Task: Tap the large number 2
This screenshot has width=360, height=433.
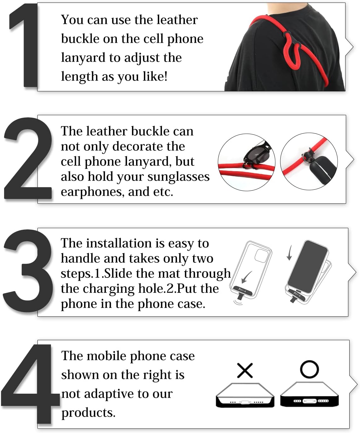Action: [x=28, y=159]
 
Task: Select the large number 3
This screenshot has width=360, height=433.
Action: [x=28, y=271]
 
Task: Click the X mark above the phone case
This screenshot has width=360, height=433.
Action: [x=245, y=370]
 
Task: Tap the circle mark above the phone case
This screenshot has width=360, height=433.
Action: [x=309, y=369]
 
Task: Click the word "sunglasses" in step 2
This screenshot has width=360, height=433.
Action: [x=178, y=177]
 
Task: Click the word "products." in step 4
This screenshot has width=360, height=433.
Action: [x=89, y=413]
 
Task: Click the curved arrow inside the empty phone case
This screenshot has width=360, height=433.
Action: [x=246, y=277]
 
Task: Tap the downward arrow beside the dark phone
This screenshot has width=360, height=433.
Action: [x=289, y=253]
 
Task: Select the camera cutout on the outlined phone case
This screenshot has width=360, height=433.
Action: [x=261, y=255]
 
